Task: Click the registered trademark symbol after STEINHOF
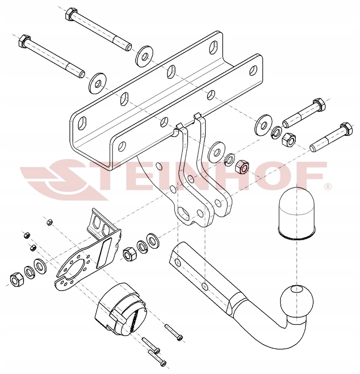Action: [x=328, y=186]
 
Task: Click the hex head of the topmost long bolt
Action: [x=71, y=14]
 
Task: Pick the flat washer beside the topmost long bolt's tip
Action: [x=144, y=56]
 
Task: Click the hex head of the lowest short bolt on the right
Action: [x=346, y=129]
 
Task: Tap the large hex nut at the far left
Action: [x=17, y=279]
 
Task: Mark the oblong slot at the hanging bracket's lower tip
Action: [x=183, y=213]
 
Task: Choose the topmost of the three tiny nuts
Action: [x=49, y=222]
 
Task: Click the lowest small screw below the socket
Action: [x=157, y=358]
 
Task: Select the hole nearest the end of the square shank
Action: [x=177, y=262]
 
